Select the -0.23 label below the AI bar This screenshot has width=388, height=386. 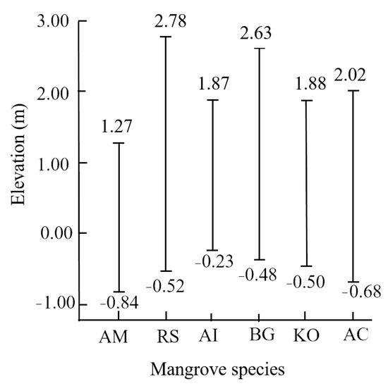tap(212, 262)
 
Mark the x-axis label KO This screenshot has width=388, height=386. tap(305, 337)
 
